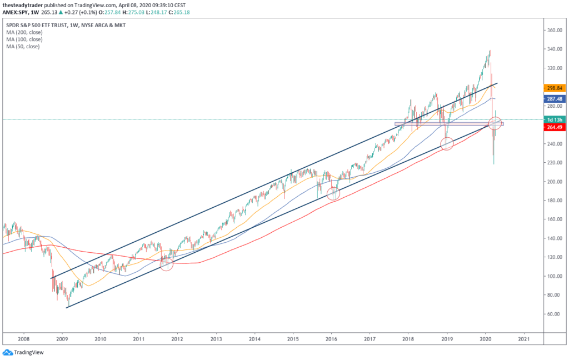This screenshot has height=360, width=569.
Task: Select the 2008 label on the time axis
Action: click(x=23, y=338)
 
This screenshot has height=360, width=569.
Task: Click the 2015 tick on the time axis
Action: click(x=293, y=338)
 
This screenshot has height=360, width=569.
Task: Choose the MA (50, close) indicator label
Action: click(x=22, y=46)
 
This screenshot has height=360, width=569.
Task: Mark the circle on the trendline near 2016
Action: click(x=333, y=193)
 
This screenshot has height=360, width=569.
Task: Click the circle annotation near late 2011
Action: click(x=167, y=264)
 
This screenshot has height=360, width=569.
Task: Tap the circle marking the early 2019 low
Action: click(x=447, y=143)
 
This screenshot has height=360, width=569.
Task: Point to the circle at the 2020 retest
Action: click(x=495, y=123)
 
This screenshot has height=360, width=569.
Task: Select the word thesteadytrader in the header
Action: click(x=22, y=5)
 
